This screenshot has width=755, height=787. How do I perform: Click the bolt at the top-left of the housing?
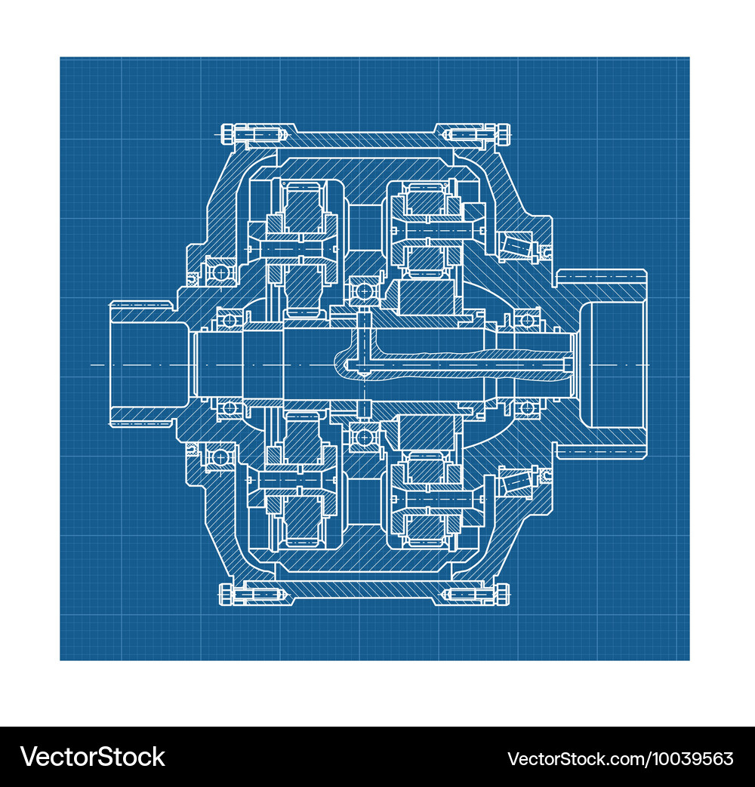point(253,135)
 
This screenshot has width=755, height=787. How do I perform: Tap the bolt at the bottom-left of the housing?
point(253,595)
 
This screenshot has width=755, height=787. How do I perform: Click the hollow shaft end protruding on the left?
point(143,364)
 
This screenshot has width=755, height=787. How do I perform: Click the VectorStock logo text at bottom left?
point(93,757)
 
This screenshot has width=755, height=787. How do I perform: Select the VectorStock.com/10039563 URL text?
point(620,758)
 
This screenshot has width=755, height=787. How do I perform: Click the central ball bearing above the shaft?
point(364,291)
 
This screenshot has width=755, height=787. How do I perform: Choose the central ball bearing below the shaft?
point(364,437)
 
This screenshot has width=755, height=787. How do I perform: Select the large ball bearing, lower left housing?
point(220,457)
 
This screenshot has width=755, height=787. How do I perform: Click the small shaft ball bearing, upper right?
point(528,321)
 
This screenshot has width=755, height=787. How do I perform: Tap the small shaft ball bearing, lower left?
point(230,408)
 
